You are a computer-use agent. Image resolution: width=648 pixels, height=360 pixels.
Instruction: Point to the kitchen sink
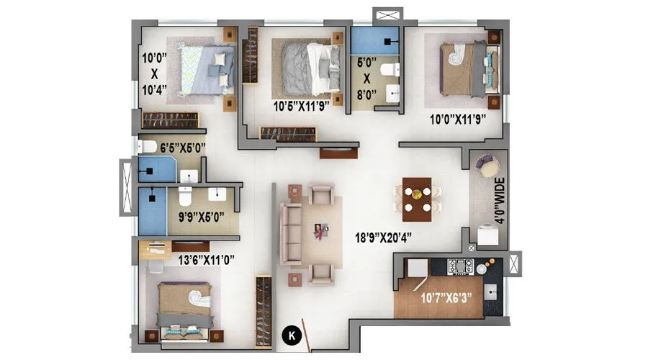coord(493,293)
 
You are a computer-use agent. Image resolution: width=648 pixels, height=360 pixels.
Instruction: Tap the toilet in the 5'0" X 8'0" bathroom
coord(389,70)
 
